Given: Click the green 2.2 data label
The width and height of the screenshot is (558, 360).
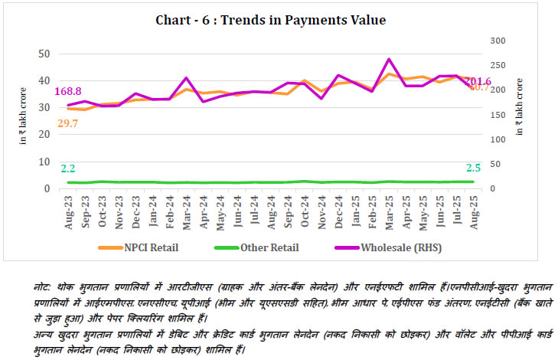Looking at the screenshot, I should pos(69,168).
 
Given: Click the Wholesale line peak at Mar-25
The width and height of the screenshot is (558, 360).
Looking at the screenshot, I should pos(389,59).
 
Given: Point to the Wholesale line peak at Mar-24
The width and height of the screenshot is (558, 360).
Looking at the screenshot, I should pos(186,78).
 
